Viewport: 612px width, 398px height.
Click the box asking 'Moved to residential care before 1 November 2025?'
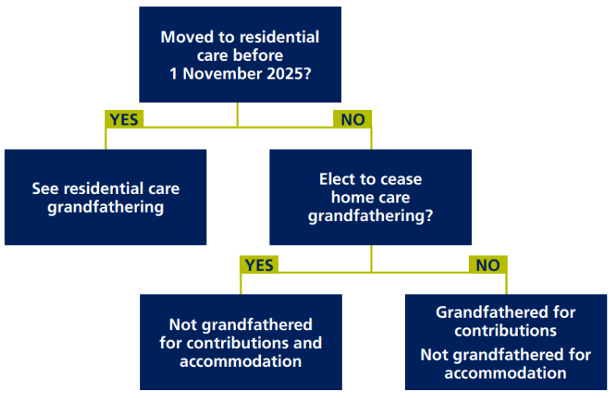click(240, 55)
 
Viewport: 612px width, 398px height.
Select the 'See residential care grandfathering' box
click(105, 197)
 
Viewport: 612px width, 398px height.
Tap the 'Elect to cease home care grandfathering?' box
click(370, 197)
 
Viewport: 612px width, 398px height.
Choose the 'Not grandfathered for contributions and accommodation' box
click(241, 343)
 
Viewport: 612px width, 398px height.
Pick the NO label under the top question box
click(353, 118)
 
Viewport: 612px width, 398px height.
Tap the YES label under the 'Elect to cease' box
click(259, 265)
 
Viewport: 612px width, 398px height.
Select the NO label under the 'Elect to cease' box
click(487, 265)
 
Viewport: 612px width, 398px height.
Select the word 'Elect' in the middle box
click(338, 179)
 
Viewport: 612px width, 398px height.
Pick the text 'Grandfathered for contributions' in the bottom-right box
click(505, 321)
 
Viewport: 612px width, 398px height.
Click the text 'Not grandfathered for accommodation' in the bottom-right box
click(505, 364)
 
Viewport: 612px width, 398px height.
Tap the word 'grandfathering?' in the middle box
click(370, 216)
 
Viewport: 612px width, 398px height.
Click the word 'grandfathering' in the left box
click(105, 207)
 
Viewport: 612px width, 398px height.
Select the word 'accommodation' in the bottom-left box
click(241, 361)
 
